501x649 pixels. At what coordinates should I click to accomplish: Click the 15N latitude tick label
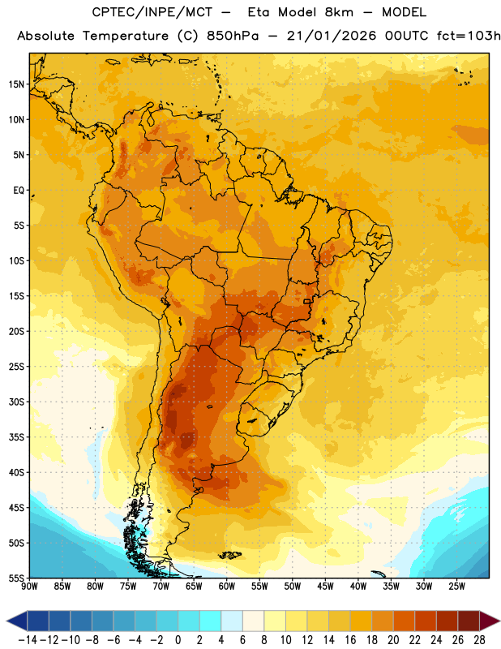pos(16,84)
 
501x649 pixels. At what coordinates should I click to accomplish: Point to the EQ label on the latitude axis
pos(19,191)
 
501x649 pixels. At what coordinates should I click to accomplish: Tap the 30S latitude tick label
pos(16,402)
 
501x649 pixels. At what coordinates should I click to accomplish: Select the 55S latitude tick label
pos(16,578)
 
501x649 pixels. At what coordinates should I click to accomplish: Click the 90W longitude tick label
pos(29,586)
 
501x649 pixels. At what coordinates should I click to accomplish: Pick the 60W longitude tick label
pos(227,586)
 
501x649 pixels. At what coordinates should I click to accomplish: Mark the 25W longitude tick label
pos(456,586)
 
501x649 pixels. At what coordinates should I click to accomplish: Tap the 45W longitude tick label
pos(325,586)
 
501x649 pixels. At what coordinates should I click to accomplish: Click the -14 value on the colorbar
pos(28,640)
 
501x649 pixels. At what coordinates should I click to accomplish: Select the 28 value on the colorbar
pos(479,640)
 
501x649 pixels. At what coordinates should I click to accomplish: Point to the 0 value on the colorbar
pos(178,640)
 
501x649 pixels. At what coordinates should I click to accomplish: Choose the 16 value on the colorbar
pos(350,640)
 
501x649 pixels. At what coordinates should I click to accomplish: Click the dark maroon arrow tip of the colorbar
pos(490,621)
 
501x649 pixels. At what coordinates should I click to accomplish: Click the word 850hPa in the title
pos(233,36)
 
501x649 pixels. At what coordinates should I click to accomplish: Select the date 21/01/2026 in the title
pos(332,36)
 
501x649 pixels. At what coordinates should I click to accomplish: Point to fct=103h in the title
pos(469,36)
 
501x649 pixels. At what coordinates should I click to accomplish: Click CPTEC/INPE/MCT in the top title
pos(152,12)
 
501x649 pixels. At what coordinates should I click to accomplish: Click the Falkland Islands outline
pos(230,555)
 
